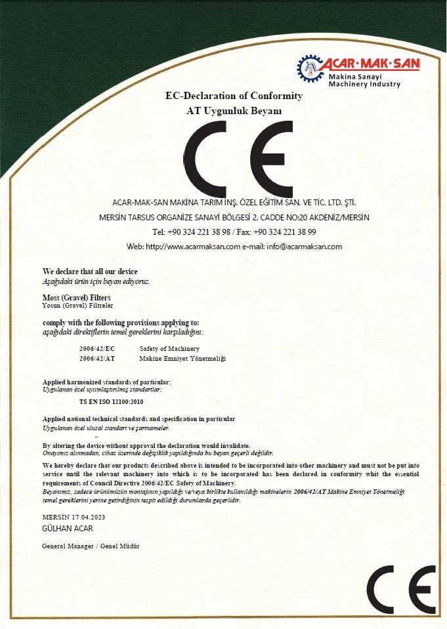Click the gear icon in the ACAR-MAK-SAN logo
[310, 69]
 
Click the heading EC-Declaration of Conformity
[234, 96]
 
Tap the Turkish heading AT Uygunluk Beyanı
[234, 111]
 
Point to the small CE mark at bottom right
[401, 589]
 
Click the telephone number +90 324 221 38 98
[199, 232]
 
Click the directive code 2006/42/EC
[97, 349]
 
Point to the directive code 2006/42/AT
[97, 359]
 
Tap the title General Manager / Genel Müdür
[91, 546]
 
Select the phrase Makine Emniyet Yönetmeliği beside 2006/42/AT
[182, 359]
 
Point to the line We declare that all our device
[90, 272]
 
